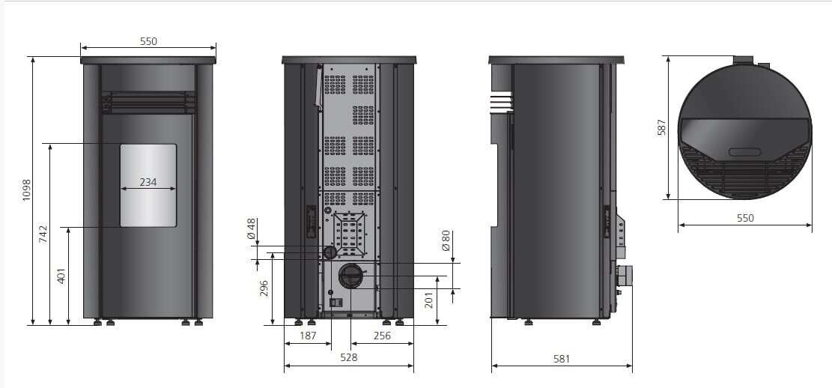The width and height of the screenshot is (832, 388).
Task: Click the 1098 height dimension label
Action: (26, 190)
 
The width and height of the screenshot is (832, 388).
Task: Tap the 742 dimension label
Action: (43, 234)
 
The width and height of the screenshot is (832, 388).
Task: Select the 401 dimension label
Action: (61, 276)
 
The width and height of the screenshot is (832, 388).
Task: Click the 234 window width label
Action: (148, 182)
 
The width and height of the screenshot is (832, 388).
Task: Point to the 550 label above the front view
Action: (148, 41)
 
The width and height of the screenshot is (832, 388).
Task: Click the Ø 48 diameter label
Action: (252, 228)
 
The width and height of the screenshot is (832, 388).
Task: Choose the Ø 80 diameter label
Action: (446, 240)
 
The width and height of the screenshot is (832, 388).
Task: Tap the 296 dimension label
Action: (264, 288)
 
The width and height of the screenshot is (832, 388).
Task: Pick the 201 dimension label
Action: (429, 300)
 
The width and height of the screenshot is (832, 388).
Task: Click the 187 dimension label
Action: (308, 336)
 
